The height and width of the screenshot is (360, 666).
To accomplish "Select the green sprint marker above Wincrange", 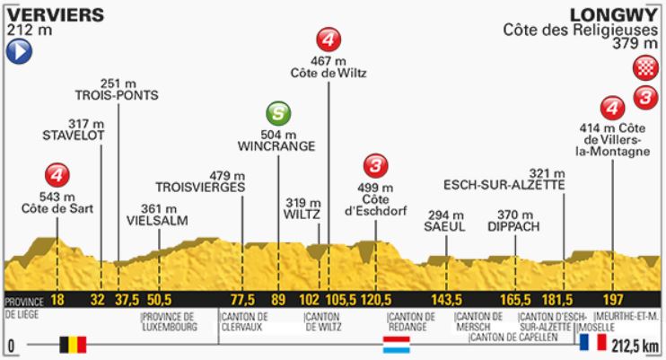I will [x=279, y=114].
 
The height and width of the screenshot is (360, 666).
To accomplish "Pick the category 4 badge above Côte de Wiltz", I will [x=329, y=40].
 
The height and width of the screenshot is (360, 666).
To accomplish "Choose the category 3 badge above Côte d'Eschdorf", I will [x=375, y=165].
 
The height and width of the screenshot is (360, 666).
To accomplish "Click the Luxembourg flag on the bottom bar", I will [x=396, y=344].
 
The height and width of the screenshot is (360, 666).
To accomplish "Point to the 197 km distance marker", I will [x=613, y=299].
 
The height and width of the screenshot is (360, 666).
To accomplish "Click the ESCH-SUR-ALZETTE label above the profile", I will [x=504, y=185].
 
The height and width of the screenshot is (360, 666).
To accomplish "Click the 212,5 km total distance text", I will [x=636, y=344].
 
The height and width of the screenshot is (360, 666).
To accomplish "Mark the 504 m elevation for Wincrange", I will [x=278, y=133].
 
